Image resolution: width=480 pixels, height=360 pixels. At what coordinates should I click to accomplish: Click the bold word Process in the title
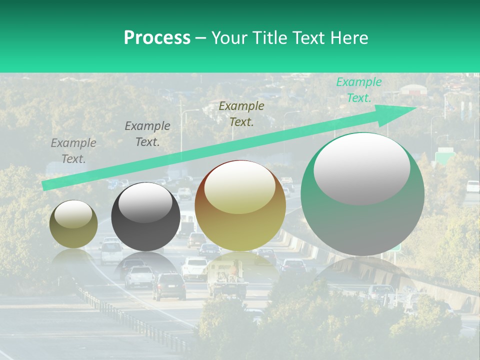tap(157, 37)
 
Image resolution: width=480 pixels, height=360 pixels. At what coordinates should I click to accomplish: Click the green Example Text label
tap(358, 90)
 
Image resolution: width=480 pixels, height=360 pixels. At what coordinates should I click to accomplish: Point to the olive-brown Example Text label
tap(241, 113)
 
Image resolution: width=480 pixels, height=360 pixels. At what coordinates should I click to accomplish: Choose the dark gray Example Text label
tap(147, 133)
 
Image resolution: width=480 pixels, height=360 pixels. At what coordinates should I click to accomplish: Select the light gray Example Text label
tap(73, 150)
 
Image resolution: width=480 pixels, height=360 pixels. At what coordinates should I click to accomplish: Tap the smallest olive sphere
tap(73, 224)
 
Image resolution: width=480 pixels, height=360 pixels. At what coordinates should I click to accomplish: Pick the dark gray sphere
tap(145, 216)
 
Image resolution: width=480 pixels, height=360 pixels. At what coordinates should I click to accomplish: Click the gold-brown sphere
tap(240, 205)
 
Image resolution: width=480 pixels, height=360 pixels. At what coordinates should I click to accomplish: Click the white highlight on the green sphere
tap(361, 167)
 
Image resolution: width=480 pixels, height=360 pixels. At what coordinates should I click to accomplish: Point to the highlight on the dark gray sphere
tap(145, 202)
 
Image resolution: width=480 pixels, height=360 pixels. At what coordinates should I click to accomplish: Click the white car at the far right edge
tap(472, 186)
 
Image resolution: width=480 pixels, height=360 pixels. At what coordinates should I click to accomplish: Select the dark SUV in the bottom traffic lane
tap(168, 286)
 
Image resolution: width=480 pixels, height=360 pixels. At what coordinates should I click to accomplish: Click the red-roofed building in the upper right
tap(413, 90)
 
